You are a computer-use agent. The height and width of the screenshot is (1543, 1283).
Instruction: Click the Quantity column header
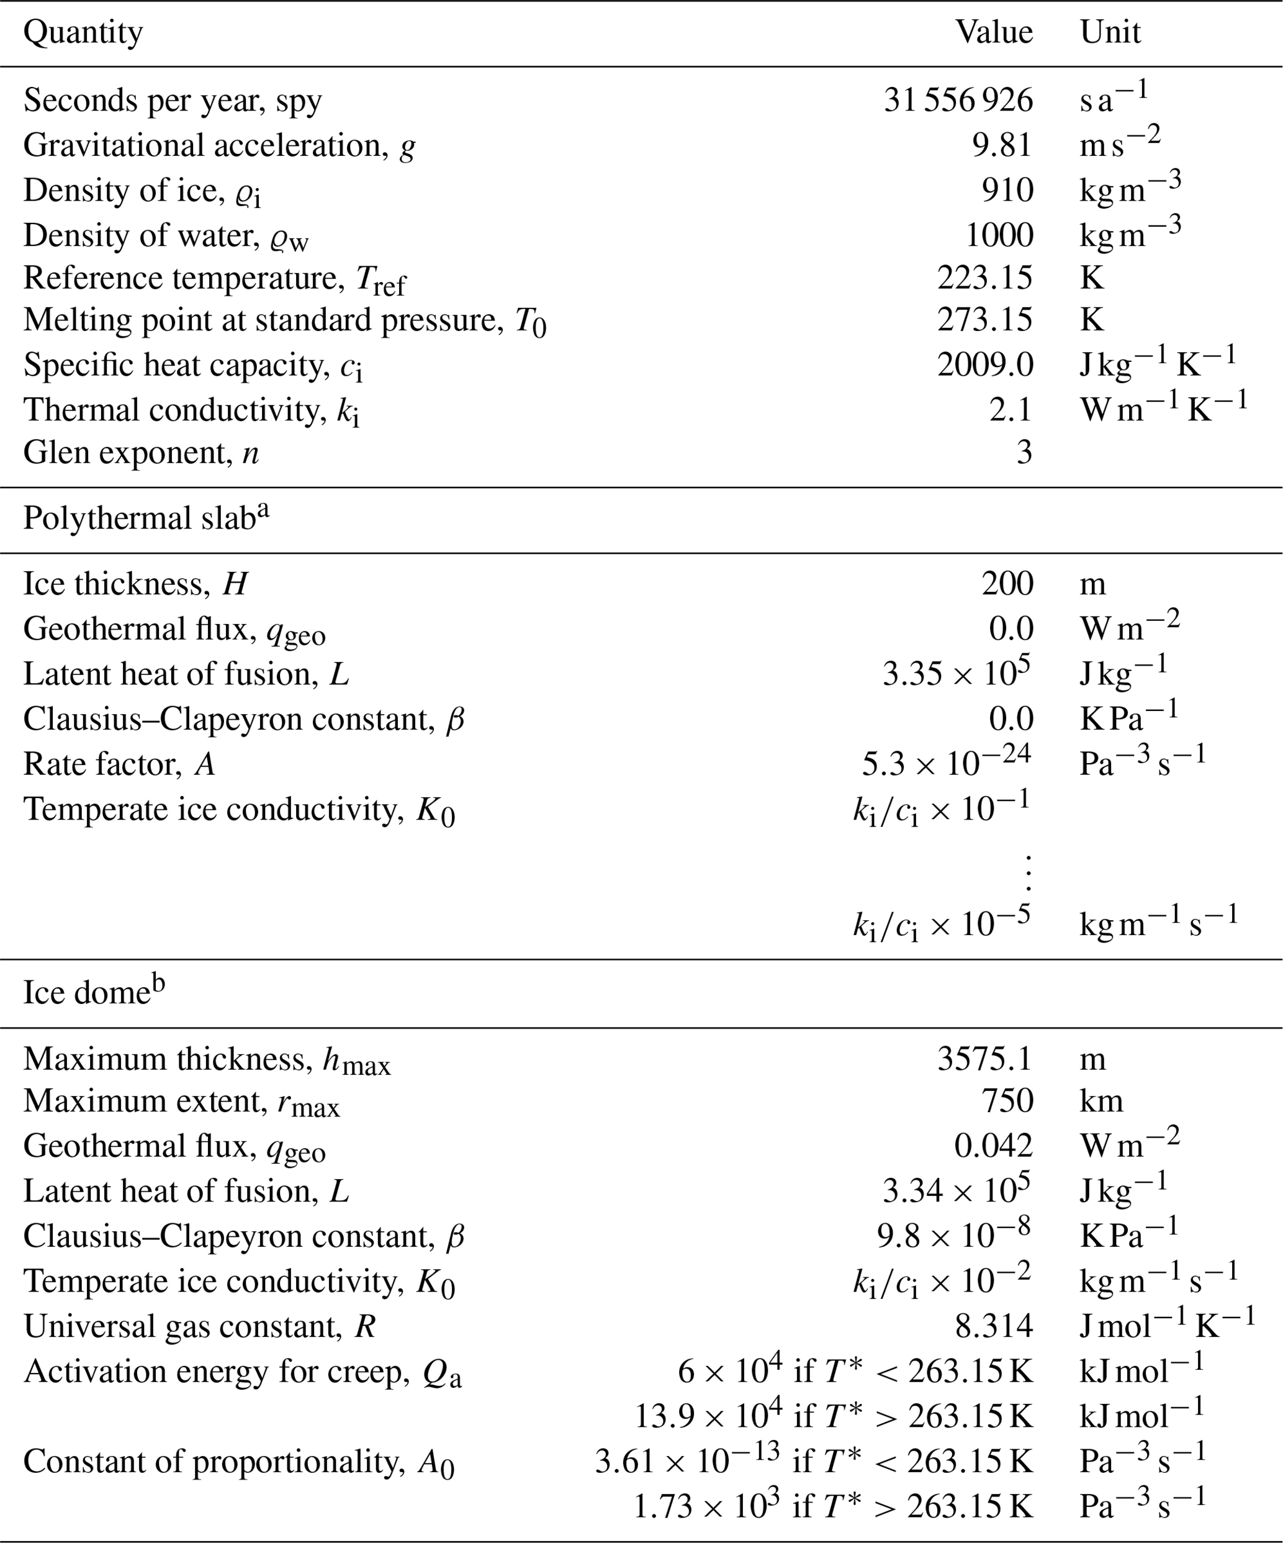(83, 33)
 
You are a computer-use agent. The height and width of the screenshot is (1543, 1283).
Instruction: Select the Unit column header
(1110, 33)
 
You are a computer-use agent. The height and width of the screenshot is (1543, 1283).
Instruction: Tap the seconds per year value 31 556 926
(958, 101)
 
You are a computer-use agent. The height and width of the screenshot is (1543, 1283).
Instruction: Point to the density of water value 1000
(999, 235)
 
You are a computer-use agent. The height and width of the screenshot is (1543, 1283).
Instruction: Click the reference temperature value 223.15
(985, 278)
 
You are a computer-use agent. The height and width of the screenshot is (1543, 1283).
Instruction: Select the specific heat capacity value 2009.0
(985, 364)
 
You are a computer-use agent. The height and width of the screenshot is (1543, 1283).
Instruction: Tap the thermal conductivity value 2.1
(1011, 409)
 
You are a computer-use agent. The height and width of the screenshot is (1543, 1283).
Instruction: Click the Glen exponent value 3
(1024, 453)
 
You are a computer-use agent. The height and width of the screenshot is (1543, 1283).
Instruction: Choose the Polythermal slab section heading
(146, 518)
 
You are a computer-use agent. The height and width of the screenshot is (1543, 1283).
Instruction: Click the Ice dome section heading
(94, 993)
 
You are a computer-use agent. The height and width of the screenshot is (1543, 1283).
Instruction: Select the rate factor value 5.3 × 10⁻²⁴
(946, 763)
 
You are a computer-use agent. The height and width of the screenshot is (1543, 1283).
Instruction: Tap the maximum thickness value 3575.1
(985, 1059)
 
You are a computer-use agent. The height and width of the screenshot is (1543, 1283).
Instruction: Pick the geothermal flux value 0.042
(993, 1146)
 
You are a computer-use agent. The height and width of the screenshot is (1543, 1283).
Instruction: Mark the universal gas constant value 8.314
(994, 1326)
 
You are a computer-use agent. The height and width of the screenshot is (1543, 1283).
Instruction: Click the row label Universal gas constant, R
(200, 1326)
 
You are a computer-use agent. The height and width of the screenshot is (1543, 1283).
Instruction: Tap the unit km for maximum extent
(1101, 1102)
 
